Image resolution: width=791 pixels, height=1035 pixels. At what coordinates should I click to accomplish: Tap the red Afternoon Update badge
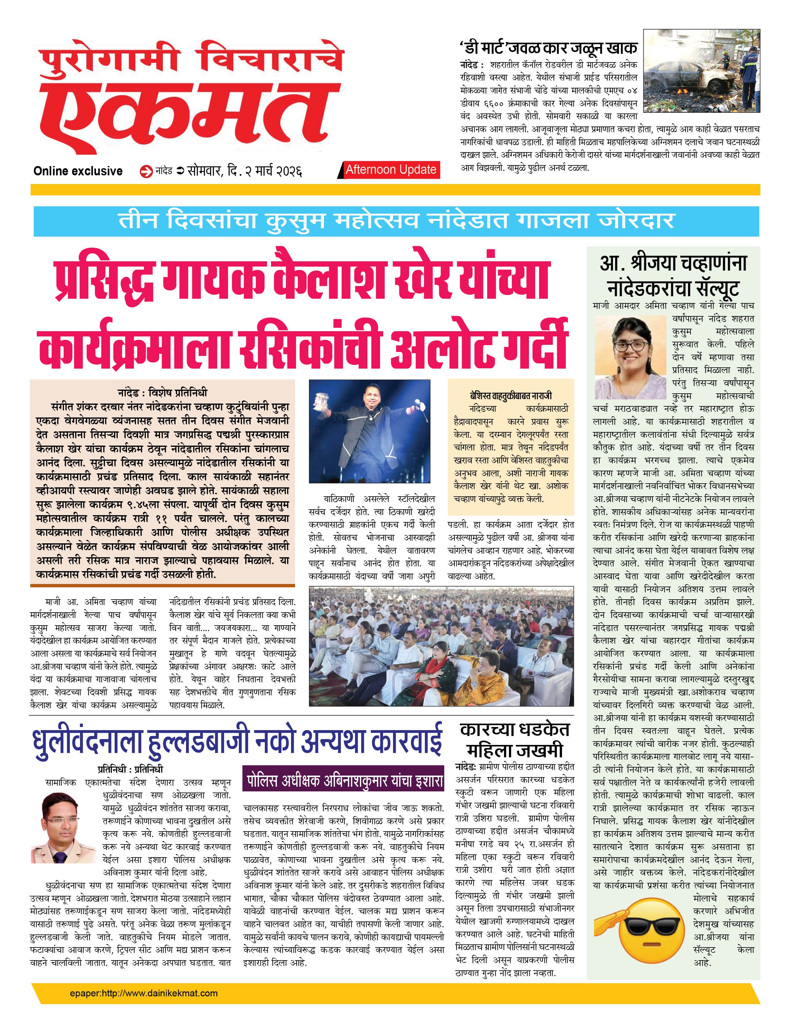(x=391, y=170)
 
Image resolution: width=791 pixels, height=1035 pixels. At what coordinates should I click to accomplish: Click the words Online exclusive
(x=78, y=171)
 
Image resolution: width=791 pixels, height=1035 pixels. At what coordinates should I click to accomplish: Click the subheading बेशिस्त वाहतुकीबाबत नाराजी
(x=511, y=396)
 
